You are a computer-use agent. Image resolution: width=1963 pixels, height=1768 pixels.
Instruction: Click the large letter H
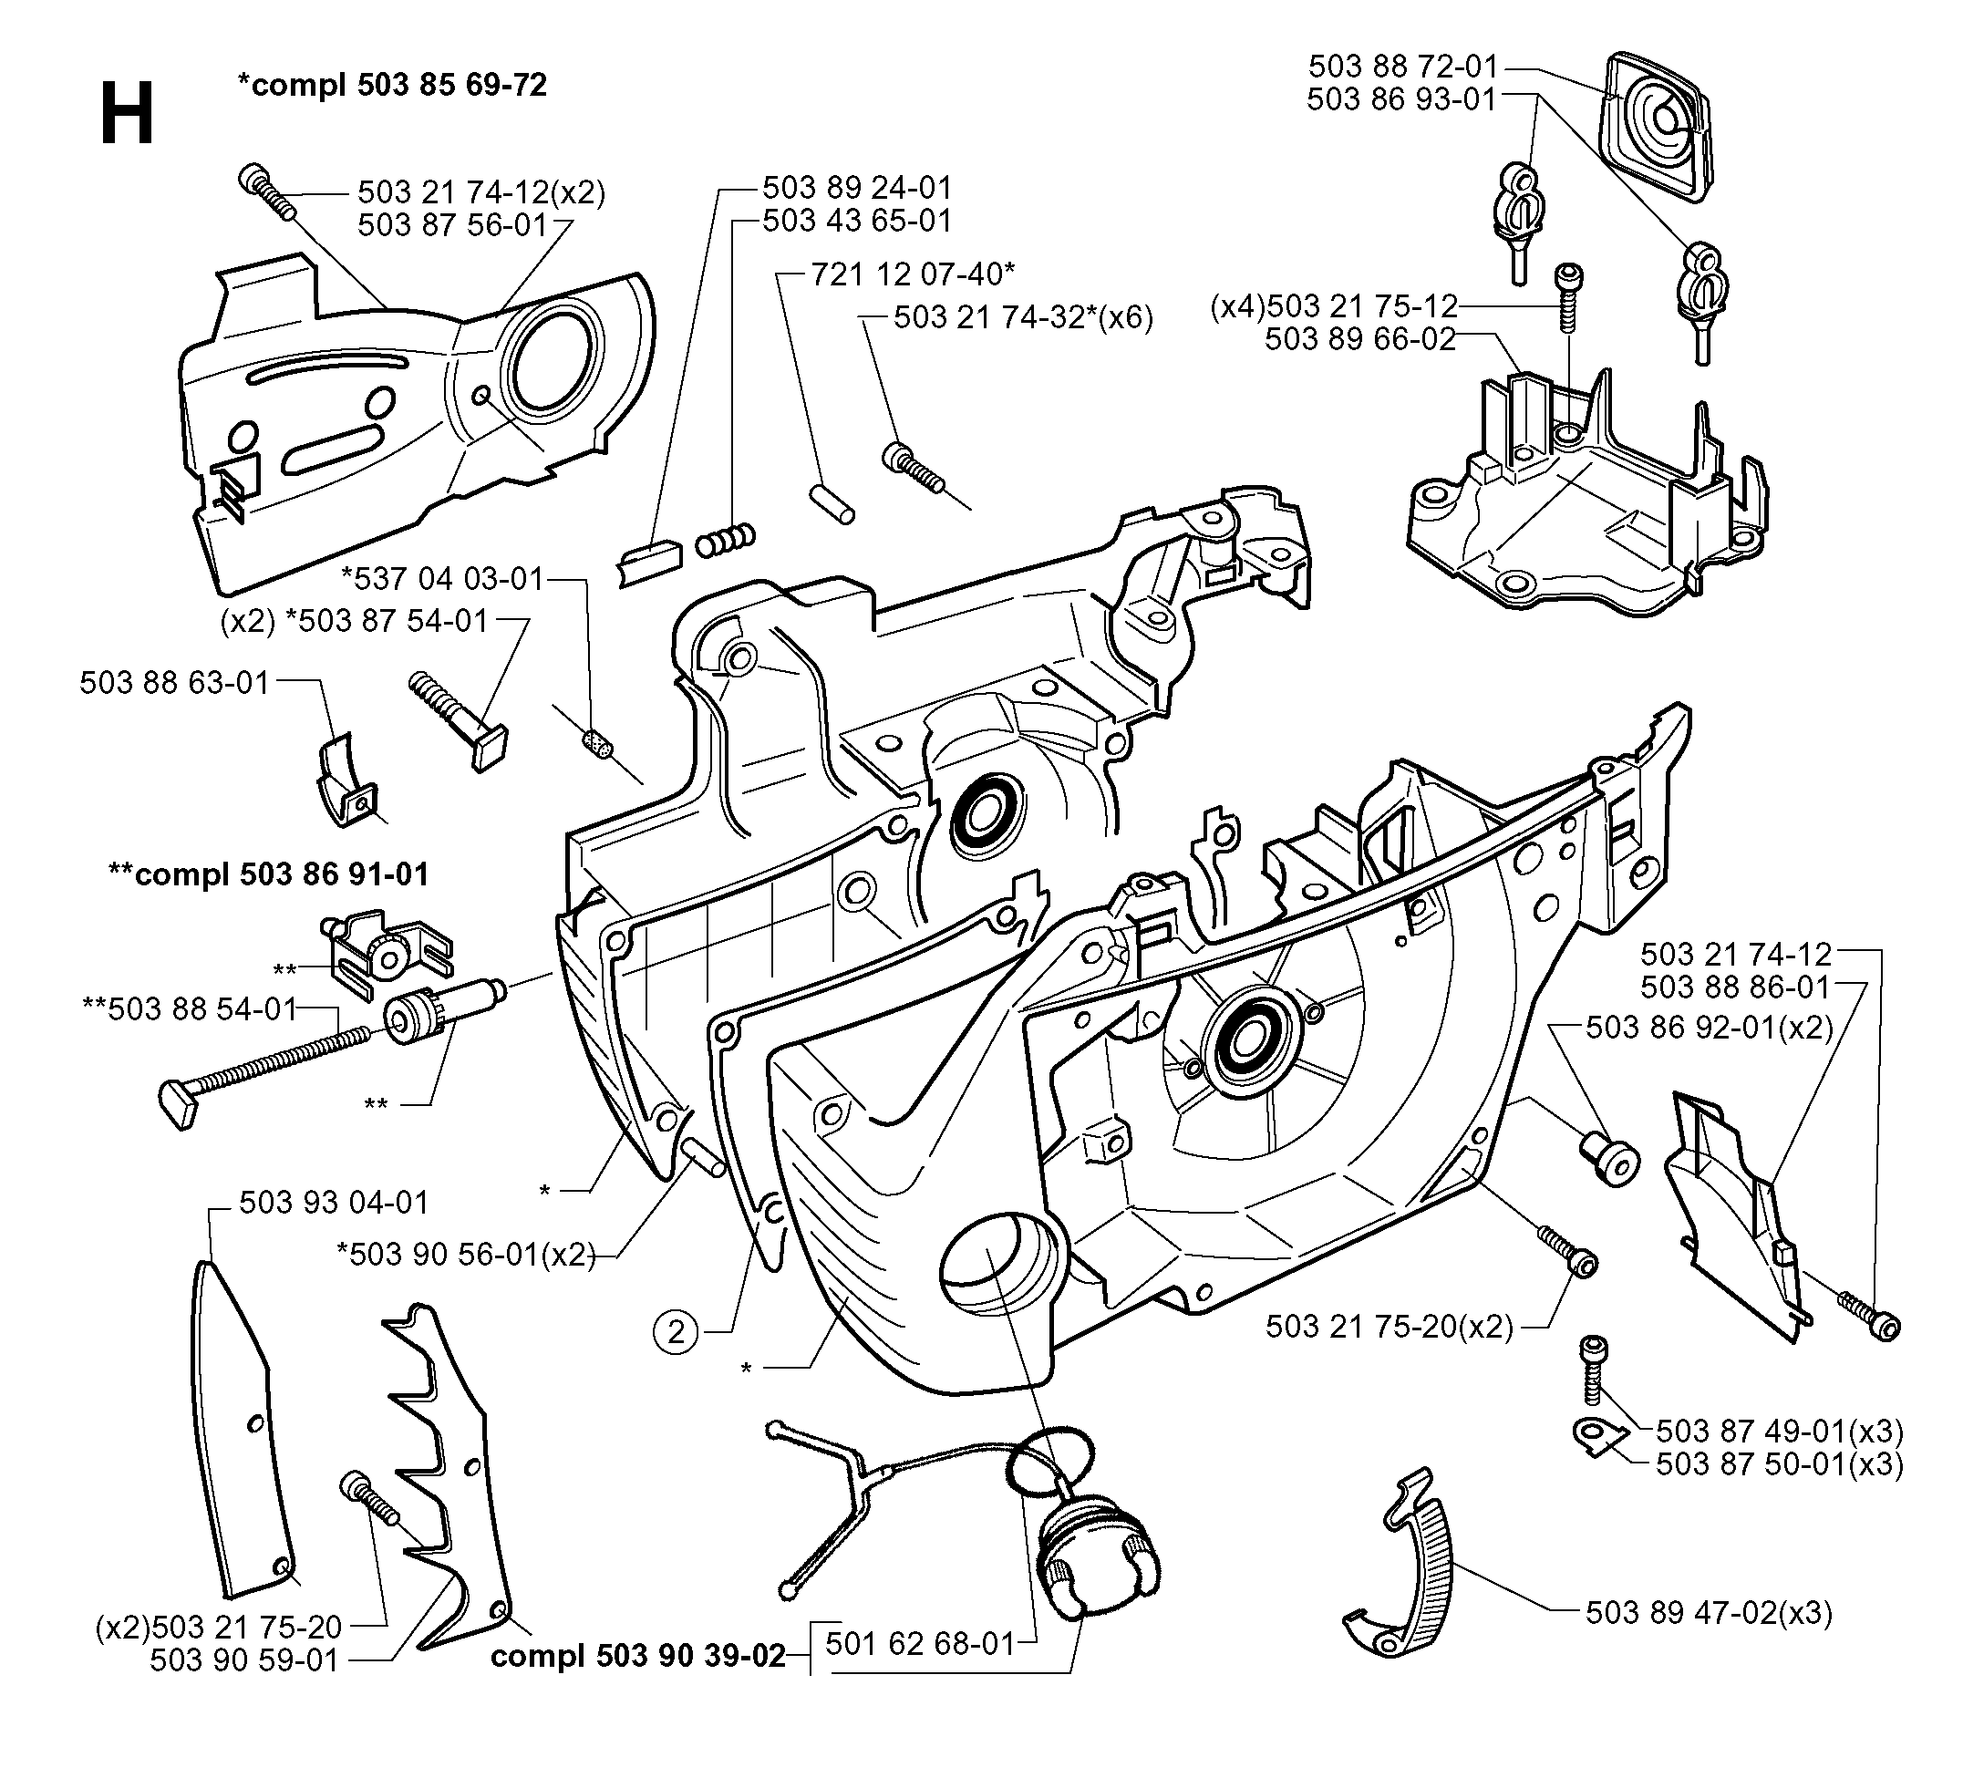pos(128,113)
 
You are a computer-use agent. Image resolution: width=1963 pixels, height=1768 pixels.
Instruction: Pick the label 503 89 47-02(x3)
pos(1709,1613)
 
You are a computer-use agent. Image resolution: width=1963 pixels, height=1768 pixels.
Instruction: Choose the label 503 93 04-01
pos(334,1202)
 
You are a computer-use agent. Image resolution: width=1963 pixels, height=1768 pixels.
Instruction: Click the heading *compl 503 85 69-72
pos(392,85)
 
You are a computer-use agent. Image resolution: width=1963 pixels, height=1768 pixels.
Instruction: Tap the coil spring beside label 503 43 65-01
pos(725,539)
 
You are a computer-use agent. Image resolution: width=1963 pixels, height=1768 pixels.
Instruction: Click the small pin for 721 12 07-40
pos(832,504)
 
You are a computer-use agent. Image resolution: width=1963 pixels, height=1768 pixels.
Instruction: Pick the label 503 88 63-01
pos(174,682)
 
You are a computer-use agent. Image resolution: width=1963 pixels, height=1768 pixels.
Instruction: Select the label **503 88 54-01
pos(191,1008)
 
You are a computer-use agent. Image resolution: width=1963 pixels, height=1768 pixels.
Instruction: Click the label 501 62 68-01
pos(920,1644)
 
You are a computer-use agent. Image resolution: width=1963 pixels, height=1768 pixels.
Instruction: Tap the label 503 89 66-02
pos(1361,339)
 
